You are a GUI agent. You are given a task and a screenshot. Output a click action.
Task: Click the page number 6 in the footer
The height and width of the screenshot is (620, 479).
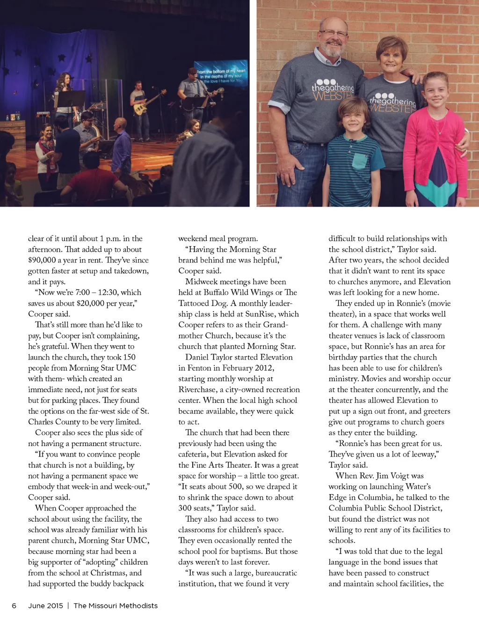point(14,605)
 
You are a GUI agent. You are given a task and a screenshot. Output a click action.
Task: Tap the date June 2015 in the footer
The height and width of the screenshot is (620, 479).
point(45,605)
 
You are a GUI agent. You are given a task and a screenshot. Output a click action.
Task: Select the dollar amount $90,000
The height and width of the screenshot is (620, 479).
point(42,260)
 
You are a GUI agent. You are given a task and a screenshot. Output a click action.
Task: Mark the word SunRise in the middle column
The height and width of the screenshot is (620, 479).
point(260,314)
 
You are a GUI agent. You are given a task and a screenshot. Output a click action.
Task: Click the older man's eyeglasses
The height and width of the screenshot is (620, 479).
point(333,33)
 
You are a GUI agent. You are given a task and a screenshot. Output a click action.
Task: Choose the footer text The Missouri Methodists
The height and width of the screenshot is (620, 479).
point(116,605)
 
